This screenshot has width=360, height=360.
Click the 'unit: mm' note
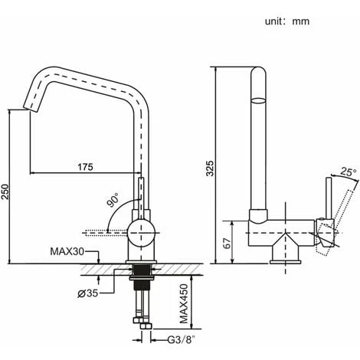287,21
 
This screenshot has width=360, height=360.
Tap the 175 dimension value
85,167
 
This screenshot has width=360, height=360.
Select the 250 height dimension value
5,191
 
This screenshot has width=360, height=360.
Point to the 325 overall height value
210,169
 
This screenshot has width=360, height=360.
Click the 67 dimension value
227,244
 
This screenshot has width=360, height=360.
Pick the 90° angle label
113,200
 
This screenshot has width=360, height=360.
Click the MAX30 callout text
67,252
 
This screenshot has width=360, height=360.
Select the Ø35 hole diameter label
88,293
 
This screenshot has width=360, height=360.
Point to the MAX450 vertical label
184,303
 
